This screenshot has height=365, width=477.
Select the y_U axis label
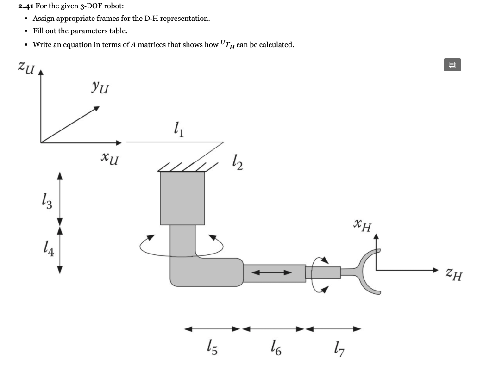[x=100, y=86]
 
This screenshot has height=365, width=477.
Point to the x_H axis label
[x=362, y=226]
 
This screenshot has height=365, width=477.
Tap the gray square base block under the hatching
[x=182, y=198]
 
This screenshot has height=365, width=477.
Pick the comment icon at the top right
[x=452, y=65]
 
